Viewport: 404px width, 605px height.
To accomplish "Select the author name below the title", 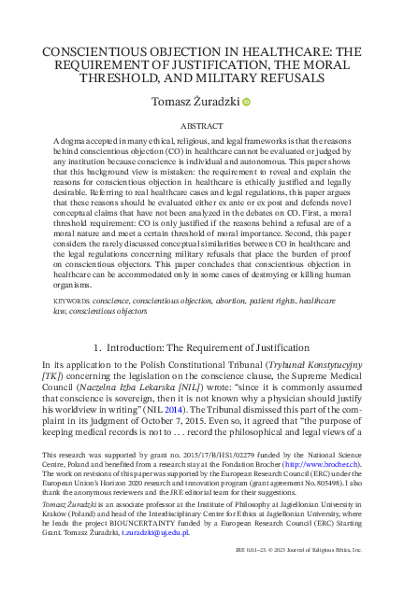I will coord(190,102).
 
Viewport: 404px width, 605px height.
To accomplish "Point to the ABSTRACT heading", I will coord(201,124).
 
